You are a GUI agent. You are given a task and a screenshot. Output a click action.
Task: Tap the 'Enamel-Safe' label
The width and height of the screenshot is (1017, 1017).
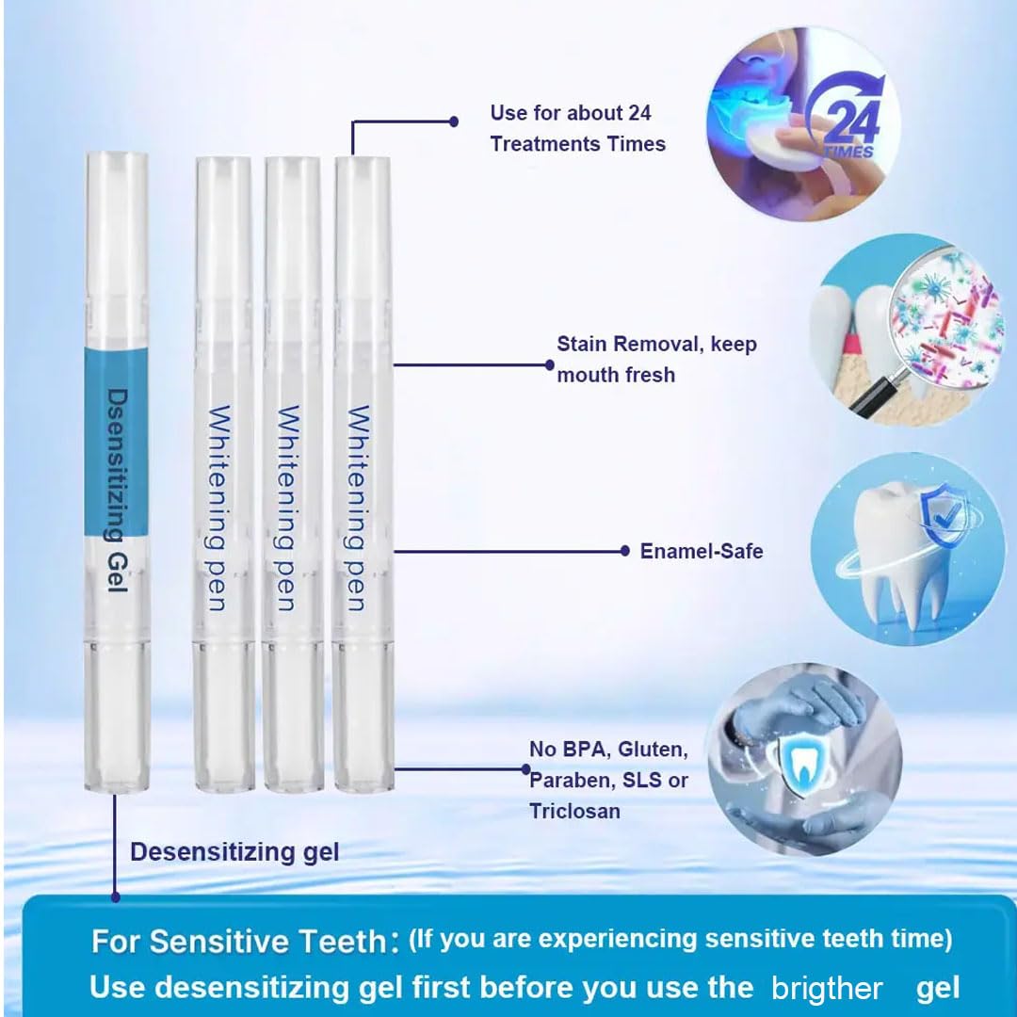click(x=702, y=551)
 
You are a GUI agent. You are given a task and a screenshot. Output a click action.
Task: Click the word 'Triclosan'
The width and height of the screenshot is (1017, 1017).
click(x=574, y=811)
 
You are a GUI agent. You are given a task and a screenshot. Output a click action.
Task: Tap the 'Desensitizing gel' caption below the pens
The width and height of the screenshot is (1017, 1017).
click(x=234, y=852)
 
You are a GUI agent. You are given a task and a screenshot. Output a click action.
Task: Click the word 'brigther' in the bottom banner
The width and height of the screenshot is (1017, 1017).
click(x=827, y=988)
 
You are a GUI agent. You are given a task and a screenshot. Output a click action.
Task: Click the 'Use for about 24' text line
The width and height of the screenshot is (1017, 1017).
click(x=571, y=113)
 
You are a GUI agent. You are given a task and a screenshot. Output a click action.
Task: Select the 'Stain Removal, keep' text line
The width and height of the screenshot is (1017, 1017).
click(x=656, y=344)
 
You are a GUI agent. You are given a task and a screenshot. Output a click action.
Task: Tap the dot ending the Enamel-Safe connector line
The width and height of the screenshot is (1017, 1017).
click(x=625, y=551)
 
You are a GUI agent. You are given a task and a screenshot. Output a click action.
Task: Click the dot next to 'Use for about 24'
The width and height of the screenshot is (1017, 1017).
click(x=454, y=121)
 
